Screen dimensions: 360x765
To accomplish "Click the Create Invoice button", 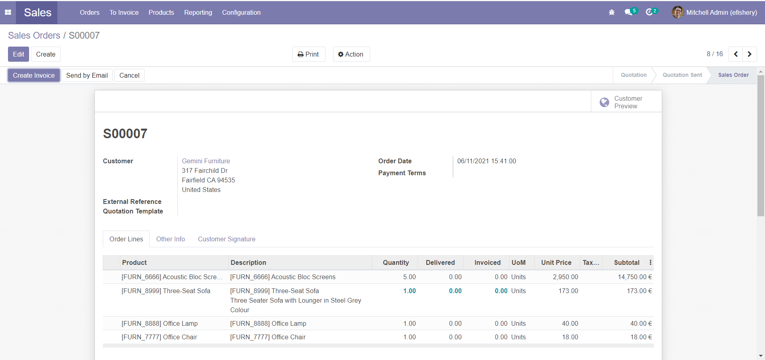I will click(34, 75).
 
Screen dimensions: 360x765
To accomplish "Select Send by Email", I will click(87, 75).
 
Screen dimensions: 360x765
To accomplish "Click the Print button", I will click(309, 54).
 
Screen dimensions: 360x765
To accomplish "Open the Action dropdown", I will click(351, 54).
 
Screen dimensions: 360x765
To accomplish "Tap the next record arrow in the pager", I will click(749, 54).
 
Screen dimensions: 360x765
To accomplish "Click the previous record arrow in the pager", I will click(736, 54).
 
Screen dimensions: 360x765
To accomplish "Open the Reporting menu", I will click(198, 12).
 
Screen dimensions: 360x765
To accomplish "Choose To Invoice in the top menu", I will click(124, 12).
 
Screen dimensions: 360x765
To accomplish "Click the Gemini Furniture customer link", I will click(206, 161).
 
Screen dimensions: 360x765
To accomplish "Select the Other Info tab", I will click(171, 239).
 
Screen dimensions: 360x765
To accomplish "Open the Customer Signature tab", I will click(226, 239).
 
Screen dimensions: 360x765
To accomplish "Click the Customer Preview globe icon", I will click(604, 102).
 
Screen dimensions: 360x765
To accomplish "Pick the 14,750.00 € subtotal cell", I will click(635, 277).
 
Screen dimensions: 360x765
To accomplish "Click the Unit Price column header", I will click(556, 262).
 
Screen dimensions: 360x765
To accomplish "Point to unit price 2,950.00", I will click(565, 277).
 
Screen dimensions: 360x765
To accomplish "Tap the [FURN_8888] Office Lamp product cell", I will click(159, 323).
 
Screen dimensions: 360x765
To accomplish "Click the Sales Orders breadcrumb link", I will click(34, 35).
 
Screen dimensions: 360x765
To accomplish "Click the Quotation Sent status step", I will click(682, 75).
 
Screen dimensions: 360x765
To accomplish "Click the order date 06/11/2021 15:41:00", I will click(486, 161).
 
